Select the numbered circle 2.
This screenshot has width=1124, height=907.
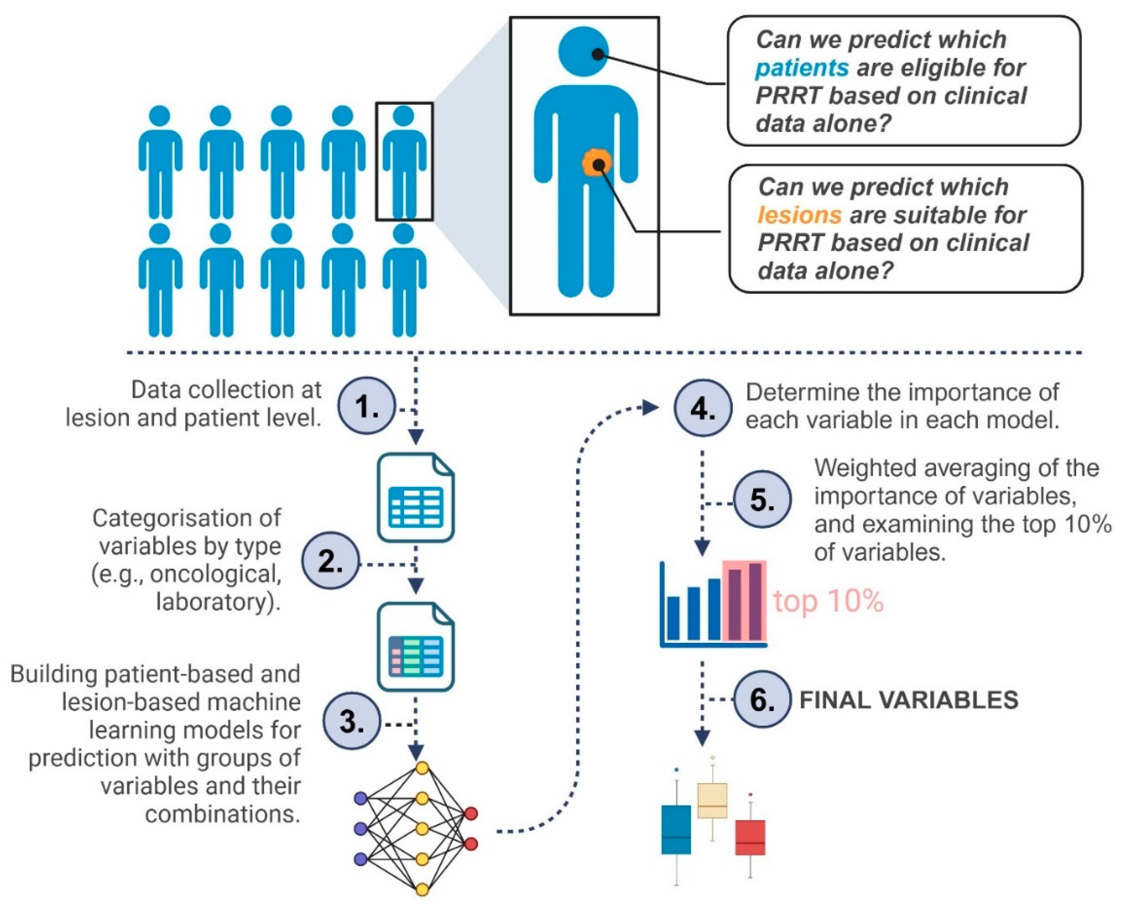click(x=331, y=561)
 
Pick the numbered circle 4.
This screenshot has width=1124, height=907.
click(x=703, y=408)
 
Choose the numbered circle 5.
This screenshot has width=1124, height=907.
click(x=762, y=499)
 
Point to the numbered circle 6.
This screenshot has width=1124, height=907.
click(x=762, y=699)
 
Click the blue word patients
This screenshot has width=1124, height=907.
click(x=802, y=68)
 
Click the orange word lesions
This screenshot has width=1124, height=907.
click(x=799, y=215)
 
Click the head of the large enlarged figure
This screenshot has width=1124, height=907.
click(x=583, y=51)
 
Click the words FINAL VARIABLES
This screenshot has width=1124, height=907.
click(x=909, y=700)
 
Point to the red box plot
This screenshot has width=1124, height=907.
click(x=750, y=837)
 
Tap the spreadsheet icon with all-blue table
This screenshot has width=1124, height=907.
click(x=416, y=497)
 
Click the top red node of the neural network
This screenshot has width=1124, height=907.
click(x=471, y=813)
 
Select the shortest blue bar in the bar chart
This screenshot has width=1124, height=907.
click(x=674, y=618)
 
